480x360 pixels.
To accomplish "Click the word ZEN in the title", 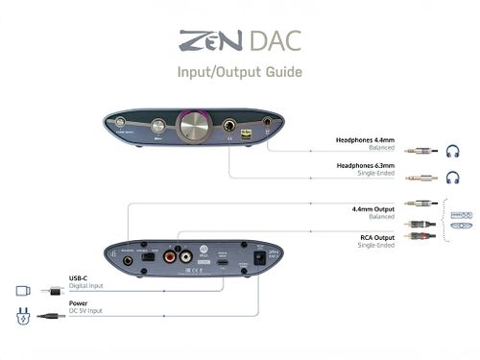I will click(203, 42).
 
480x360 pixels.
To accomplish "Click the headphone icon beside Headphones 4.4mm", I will click(454, 151).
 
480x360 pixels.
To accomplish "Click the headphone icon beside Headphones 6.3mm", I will click(454, 178).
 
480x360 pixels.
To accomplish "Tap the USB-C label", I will click(79, 279).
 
